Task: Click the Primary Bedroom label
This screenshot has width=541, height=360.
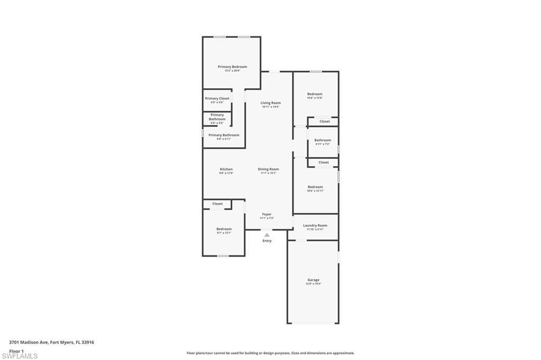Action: pyautogui.click(x=232, y=67)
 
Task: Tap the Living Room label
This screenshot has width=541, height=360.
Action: pyautogui.click(x=270, y=103)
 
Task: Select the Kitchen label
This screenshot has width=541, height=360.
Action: pyautogui.click(x=226, y=169)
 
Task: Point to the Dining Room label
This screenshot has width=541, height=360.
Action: pyautogui.click(x=268, y=169)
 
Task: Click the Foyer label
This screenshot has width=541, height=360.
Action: pyautogui.click(x=267, y=214)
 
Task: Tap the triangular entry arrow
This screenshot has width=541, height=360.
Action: pyautogui.click(x=267, y=235)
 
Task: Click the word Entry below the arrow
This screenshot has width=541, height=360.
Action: pyautogui.click(x=267, y=241)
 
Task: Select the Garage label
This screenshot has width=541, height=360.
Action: pyautogui.click(x=313, y=280)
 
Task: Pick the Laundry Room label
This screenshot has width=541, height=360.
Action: pyautogui.click(x=315, y=225)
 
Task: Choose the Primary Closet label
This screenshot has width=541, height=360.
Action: pyautogui.click(x=217, y=99)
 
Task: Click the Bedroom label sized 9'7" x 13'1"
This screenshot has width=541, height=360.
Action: pyautogui.click(x=224, y=229)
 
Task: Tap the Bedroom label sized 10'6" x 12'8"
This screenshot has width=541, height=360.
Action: pyautogui.click(x=315, y=94)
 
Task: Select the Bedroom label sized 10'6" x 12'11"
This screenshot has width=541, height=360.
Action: pyautogui.click(x=315, y=187)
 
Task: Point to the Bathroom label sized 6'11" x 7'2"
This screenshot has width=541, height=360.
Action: pyautogui.click(x=322, y=140)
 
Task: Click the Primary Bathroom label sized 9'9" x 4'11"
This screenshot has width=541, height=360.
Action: pyautogui.click(x=223, y=135)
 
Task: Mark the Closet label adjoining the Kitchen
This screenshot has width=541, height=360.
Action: pyautogui.click(x=217, y=204)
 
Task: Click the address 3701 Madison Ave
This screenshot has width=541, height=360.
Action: pyautogui.click(x=29, y=342)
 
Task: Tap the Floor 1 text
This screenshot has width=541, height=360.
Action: pyautogui.click(x=16, y=350)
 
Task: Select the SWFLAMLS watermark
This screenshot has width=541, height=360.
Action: pyautogui.click(x=20, y=356)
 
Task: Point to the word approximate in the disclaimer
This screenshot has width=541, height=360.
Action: pyautogui.click(x=343, y=353)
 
